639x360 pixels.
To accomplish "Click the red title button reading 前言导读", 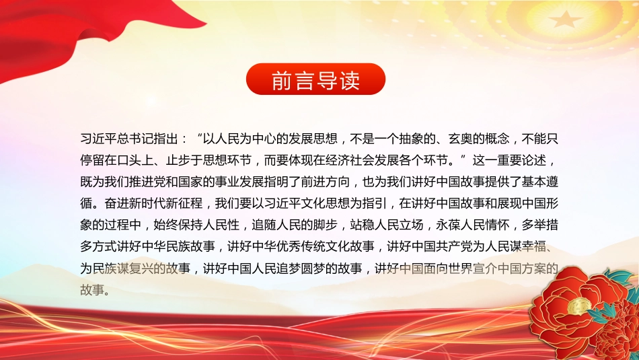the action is (x=316, y=79).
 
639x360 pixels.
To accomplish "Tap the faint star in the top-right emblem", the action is (x=565, y=19).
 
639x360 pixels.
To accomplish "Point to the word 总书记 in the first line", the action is (x=135, y=139).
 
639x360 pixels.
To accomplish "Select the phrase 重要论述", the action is (x=521, y=161).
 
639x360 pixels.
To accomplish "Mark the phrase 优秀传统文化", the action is (x=307, y=247).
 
